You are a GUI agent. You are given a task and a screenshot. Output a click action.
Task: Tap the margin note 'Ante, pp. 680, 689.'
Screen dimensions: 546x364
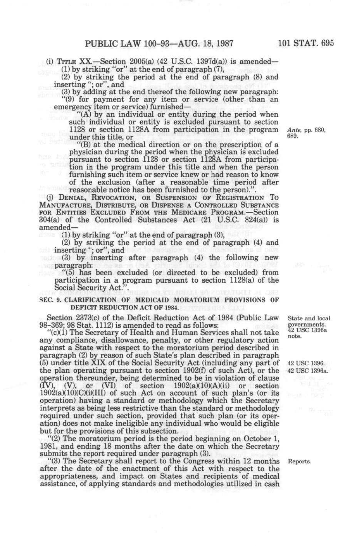coord(306,133)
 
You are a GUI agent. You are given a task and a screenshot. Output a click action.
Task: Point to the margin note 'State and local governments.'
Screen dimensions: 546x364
coord(309,321)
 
